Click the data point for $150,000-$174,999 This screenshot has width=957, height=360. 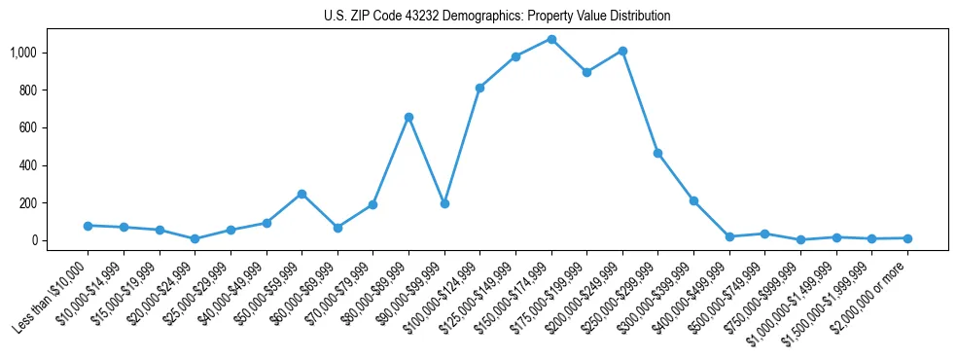551,40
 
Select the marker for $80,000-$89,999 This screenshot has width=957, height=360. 408,117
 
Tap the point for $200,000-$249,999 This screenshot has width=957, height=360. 622,51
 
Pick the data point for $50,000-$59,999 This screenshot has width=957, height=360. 301,194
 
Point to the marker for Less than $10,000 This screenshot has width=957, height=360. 88,226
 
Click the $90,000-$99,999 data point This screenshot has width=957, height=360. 444,203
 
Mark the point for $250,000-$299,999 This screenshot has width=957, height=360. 658,154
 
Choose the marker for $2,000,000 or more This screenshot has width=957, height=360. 907,238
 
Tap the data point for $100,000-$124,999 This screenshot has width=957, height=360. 479,88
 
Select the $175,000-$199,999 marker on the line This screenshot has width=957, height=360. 586,72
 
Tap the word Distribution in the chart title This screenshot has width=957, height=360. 637,17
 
